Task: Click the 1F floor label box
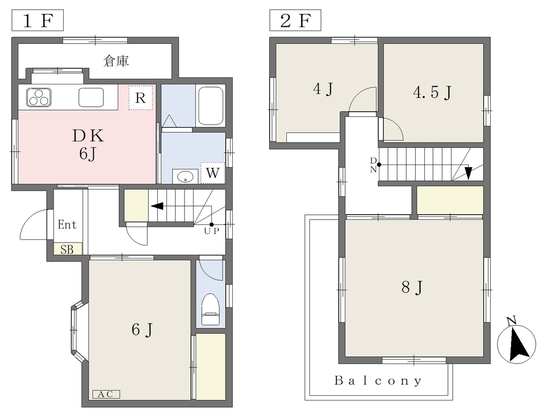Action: [x=38, y=21]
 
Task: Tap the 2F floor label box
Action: [x=295, y=21]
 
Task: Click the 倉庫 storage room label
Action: [x=116, y=61]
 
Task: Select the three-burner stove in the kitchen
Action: [x=39, y=97]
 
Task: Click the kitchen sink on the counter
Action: [x=91, y=97]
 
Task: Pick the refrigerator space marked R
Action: [x=141, y=98]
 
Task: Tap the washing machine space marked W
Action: [x=212, y=173]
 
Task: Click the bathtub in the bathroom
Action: [x=210, y=106]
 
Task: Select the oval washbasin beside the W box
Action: [x=185, y=176]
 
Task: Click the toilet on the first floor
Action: [x=211, y=309]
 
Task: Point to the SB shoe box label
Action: [x=67, y=249]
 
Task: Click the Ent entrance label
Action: [x=67, y=224]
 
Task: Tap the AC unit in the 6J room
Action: [x=106, y=394]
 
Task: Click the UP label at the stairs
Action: [x=212, y=231]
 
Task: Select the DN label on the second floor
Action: [x=374, y=165]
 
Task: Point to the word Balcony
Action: [x=378, y=380]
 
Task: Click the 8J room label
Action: [x=413, y=288]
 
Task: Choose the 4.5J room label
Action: [x=432, y=92]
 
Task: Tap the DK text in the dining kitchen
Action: [x=88, y=136]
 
